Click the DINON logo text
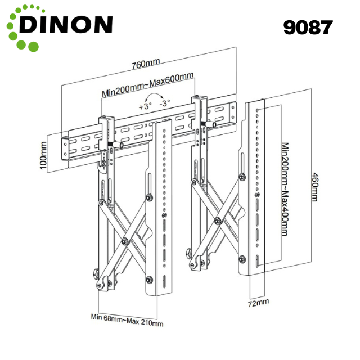click(66, 24)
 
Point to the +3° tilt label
click(145, 105)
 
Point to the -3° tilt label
click(165, 104)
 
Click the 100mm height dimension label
click(44, 156)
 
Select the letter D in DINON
click(29, 24)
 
